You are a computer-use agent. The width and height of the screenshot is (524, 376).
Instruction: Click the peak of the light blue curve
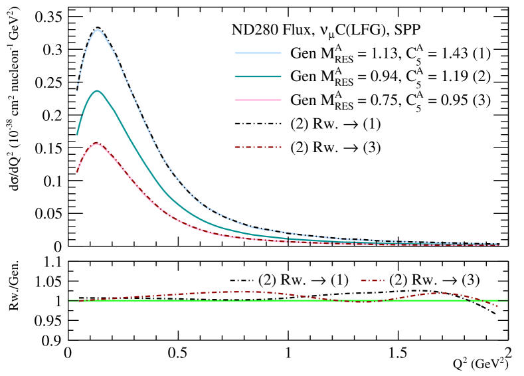pos(98,30)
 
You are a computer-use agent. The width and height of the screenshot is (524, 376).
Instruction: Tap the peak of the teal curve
pos(98,91)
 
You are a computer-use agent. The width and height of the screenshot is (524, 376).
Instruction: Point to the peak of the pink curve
pos(97,143)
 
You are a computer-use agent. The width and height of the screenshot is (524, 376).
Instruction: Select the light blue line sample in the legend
pos(258,52)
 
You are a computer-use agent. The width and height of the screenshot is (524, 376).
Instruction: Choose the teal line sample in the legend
pos(258,76)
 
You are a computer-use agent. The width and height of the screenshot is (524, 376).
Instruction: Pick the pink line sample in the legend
pos(258,100)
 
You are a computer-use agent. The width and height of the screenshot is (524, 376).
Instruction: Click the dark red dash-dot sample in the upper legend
pos(258,147)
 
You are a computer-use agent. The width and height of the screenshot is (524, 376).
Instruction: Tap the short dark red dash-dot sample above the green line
pos(372,280)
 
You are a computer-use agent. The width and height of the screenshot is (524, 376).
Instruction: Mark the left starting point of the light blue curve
pos(77,90)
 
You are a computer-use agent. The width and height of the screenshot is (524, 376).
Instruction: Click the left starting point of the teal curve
pos(77,134)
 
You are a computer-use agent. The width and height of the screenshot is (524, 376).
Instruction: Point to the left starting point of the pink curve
pos(77,172)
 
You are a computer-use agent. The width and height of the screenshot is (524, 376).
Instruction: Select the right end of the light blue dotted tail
pos(499,244)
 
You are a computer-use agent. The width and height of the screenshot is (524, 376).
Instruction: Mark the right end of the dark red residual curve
pos(497,306)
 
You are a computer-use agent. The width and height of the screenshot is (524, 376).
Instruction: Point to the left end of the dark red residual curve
pos(79,301)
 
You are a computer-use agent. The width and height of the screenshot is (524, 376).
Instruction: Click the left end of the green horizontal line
pos(69,300)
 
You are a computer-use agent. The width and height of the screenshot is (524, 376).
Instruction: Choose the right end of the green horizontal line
pos(507,300)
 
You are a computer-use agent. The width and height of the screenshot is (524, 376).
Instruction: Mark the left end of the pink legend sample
pos(235,100)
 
